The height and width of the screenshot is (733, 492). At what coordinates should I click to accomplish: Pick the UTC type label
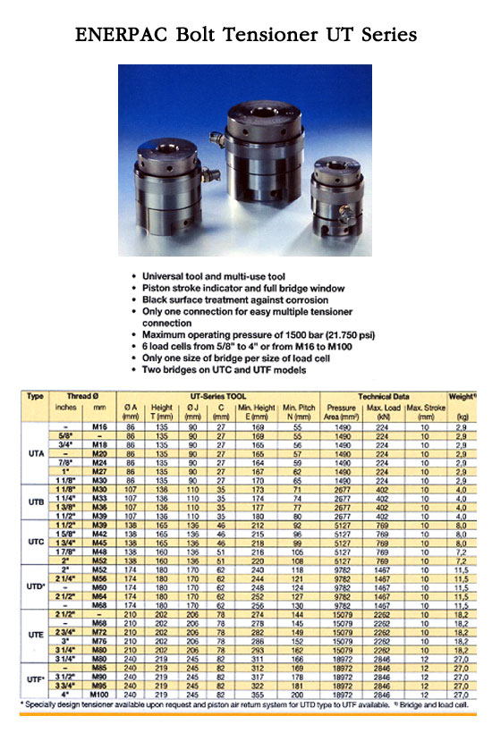[37, 542]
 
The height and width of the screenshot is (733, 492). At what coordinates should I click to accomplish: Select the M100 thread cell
[100, 694]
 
